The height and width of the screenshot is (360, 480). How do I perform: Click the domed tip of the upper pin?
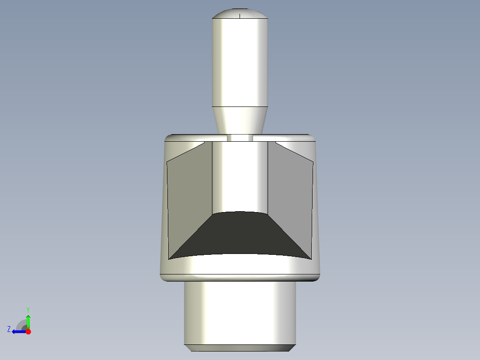(240, 12)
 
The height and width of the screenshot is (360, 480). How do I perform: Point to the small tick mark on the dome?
(240, 16)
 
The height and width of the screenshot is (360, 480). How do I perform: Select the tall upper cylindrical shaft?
(240, 62)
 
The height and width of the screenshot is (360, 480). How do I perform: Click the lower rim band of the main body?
(240, 267)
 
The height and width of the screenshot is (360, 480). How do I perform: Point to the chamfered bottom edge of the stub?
(240, 348)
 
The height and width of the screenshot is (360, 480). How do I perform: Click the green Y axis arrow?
(28, 320)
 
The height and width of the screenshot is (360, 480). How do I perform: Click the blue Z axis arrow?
(18, 331)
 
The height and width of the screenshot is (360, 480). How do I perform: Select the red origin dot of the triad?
(28, 331)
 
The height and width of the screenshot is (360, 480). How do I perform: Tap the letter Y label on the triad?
(28, 309)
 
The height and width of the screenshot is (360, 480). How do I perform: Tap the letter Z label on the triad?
(9, 329)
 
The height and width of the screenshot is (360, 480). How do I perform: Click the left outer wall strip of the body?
(163, 209)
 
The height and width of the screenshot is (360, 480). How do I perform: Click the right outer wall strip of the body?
(316, 209)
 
